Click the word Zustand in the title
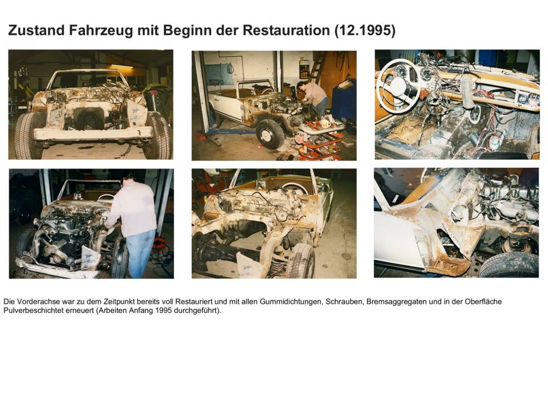pos(36,30)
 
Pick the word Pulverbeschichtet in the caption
pos(31,311)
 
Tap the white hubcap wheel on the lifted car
pos(270,135)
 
